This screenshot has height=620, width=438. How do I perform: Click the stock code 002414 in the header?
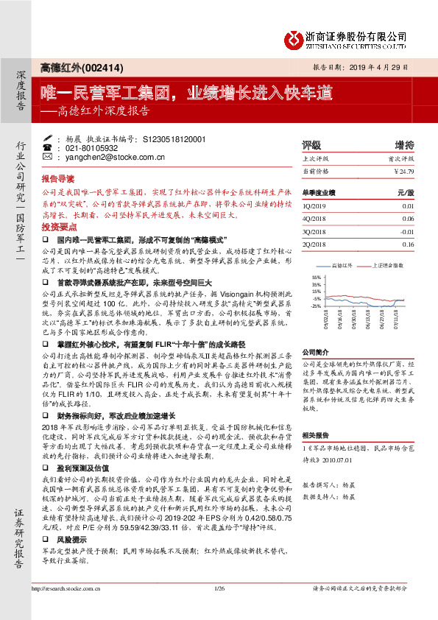click(x=107, y=67)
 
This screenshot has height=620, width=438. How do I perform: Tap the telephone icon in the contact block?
click(x=49, y=147)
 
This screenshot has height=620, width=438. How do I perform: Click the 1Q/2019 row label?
click(x=314, y=207)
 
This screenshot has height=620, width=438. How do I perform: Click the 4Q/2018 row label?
click(x=314, y=219)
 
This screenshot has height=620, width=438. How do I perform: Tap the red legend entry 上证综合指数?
click(x=388, y=265)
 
